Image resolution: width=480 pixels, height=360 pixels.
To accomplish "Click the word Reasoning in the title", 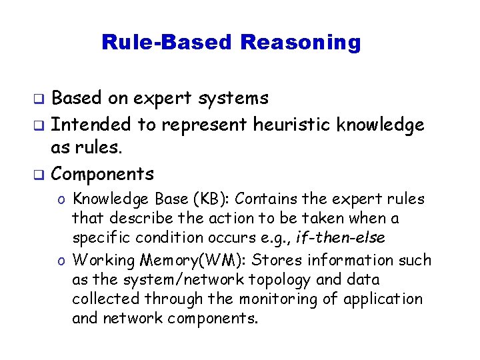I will (x=300, y=43).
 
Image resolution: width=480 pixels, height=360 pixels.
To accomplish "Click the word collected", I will (x=102, y=299).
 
